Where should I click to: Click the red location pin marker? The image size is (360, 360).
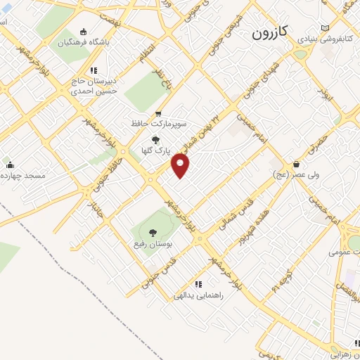[x=181, y=166]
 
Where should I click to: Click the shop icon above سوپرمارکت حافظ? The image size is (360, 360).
[x=159, y=112]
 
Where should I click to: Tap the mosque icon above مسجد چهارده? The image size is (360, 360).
[x=8, y=165]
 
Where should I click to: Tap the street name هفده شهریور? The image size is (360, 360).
[x=253, y=227]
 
